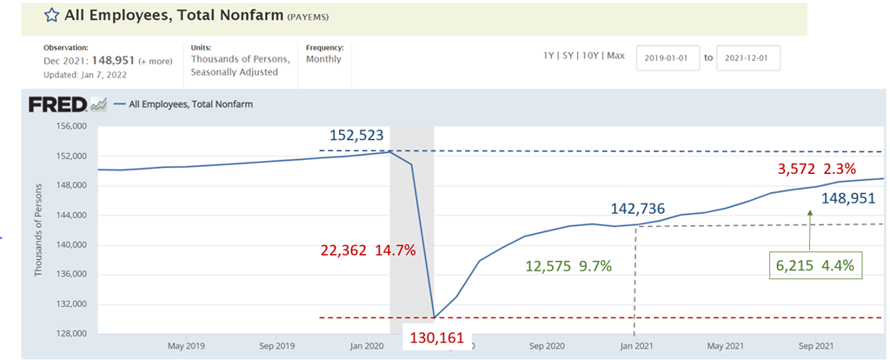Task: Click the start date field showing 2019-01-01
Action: pyautogui.click(x=667, y=58)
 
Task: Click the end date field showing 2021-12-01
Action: pyautogui.click(x=747, y=58)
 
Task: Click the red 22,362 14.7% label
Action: pyautogui.click(x=368, y=250)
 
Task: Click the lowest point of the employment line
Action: pyautogui.click(x=433, y=318)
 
